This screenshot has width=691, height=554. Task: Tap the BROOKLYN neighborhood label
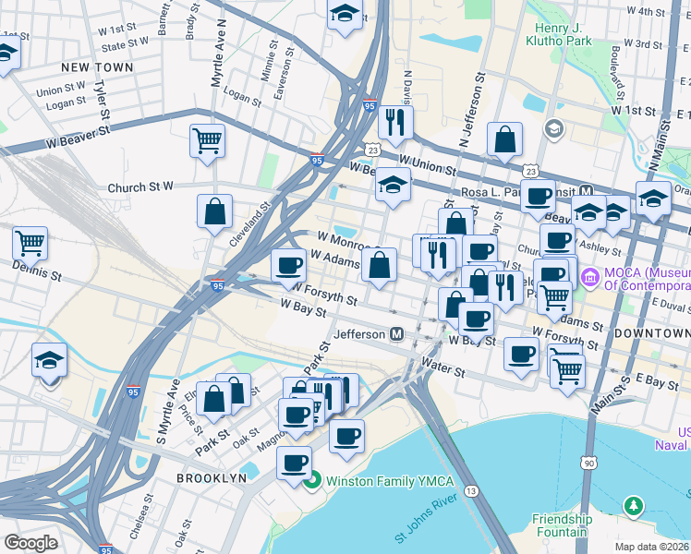212,478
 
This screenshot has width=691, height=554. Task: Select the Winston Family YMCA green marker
313,480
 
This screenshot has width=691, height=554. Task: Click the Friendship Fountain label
560,525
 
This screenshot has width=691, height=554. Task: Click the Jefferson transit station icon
397,334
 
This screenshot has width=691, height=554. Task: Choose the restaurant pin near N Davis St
395,122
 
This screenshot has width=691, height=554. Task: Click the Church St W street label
140,187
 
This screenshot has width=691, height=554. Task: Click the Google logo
30,543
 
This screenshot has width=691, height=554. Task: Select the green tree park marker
633,505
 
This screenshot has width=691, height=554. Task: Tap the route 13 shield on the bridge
472,491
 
